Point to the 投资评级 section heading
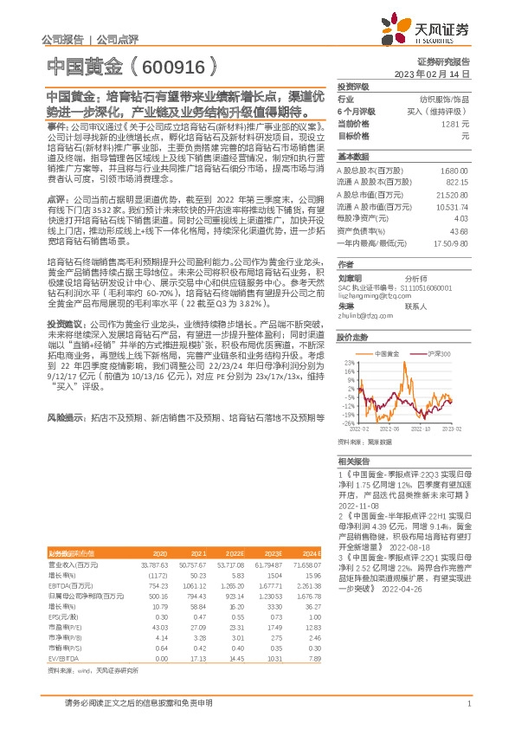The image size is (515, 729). click(x=353, y=87)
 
